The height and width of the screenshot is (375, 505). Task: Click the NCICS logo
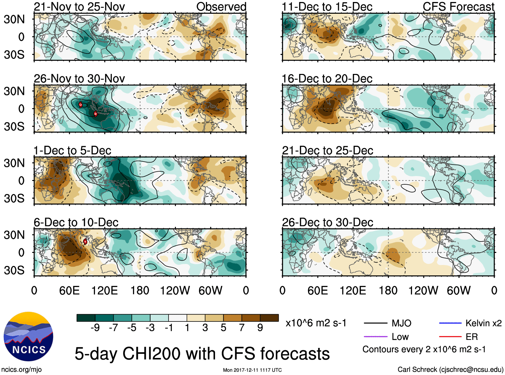pyautogui.click(x=28, y=336)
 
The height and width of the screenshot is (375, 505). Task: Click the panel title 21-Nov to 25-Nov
pyautogui.click(x=79, y=7)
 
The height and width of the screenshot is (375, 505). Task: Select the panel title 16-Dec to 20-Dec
pyautogui.click(x=327, y=79)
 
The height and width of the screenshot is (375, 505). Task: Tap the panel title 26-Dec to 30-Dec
pyautogui.click(x=327, y=222)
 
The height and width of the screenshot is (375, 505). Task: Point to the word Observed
pyautogui.click(x=221, y=7)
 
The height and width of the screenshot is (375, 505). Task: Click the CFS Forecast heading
pyautogui.click(x=458, y=7)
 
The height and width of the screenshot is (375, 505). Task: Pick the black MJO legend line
pyautogui.click(x=375, y=323)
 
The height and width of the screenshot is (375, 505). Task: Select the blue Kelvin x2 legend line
pyautogui.click(x=450, y=323)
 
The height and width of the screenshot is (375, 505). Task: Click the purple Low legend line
pyautogui.click(x=375, y=337)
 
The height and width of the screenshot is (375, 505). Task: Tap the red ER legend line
pyautogui.click(x=450, y=337)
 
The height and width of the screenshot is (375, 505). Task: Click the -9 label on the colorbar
pyautogui.click(x=95, y=328)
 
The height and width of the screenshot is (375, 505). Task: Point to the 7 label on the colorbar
pyautogui.click(x=242, y=328)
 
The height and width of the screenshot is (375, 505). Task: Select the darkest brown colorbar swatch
pyautogui.click(x=269, y=318)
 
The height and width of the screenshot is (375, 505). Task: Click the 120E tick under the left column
pyautogui.click(x=105, y=290)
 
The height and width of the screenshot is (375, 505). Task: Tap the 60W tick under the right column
pyautogui.click(x=459, y=290)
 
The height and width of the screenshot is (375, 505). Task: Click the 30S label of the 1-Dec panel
pyautogui.click(x=14, y=198)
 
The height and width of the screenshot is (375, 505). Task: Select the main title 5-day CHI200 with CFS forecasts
pyautogui.click(x=202, y=354)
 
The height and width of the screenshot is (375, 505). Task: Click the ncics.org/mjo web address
pyautogui.click(x=21, y=370)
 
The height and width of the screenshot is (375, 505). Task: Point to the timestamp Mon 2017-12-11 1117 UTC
pyautogui.click(x=252, y=370)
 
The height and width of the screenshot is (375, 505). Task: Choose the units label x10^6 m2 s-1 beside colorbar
pyautogui.click(x=316, y=323)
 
